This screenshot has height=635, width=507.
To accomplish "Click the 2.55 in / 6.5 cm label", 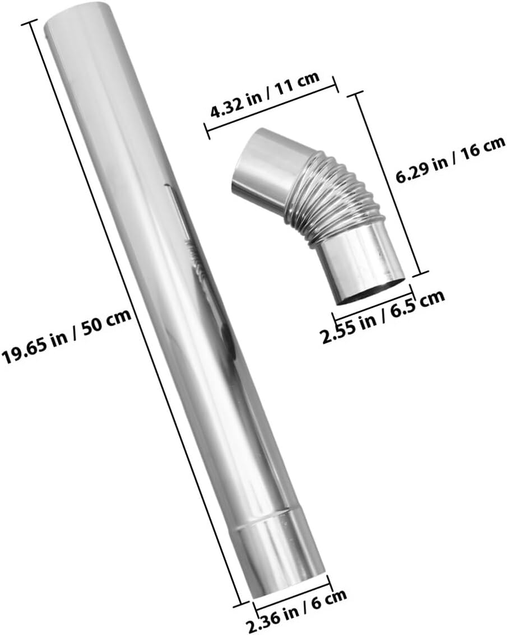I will pyautogui.click(x=383, y=317).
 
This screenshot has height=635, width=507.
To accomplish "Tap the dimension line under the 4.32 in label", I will pyautogui.click(x=272, y=109).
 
